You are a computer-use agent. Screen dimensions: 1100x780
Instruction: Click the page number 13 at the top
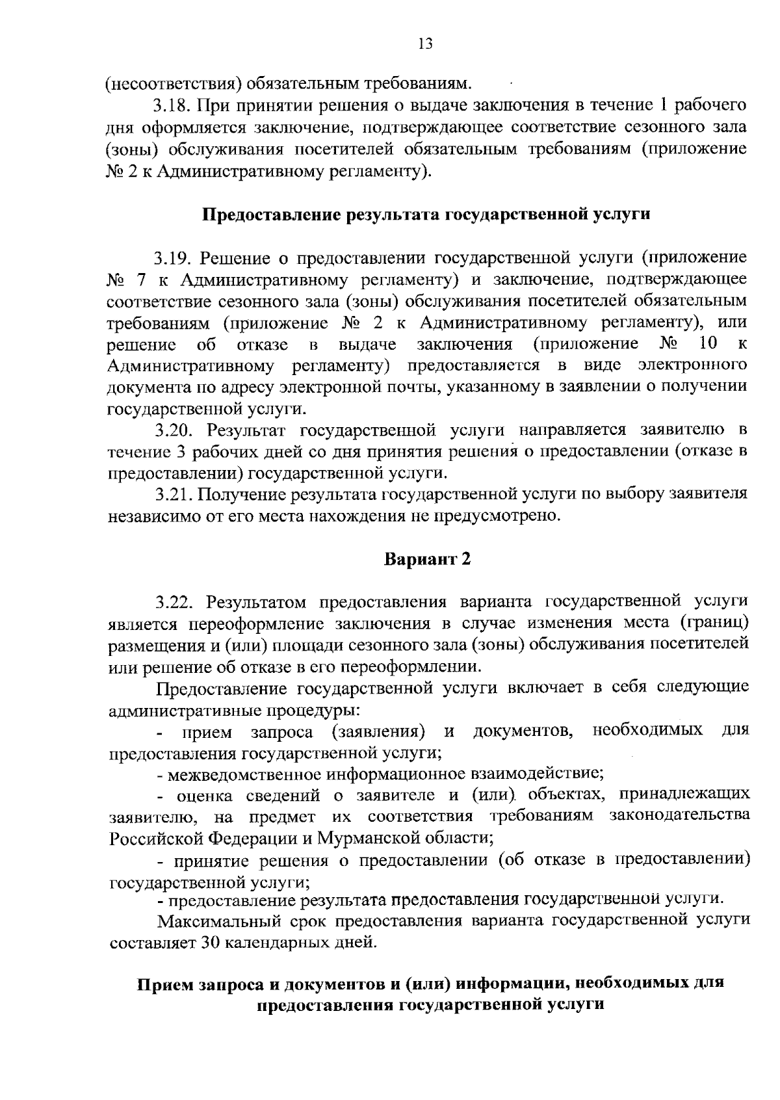(x=425, y=44)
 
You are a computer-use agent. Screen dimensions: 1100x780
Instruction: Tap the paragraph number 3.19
(x=173, y=258)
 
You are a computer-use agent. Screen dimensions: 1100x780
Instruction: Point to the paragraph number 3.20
(x=174, y=430)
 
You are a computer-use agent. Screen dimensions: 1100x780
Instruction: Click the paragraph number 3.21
(x=173, y=494)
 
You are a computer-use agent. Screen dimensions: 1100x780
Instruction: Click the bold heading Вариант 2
(x=426, y=559)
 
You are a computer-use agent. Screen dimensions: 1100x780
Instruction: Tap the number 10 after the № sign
(x=708, y=343)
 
